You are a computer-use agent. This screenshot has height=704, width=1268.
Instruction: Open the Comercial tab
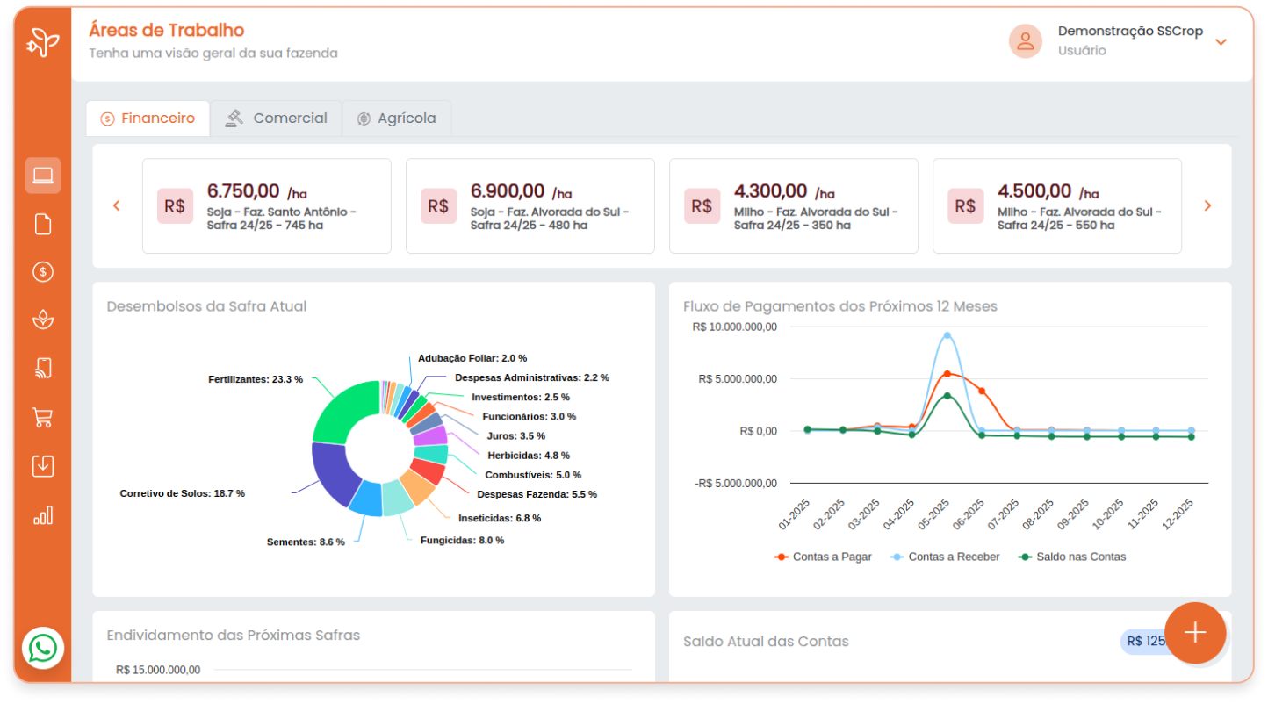pos(276,119)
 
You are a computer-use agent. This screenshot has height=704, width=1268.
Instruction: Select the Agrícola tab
pos(396,119)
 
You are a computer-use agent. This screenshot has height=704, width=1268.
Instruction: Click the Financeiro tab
pos(148,119)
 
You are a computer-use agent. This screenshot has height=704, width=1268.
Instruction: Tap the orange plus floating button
pos(1195,633)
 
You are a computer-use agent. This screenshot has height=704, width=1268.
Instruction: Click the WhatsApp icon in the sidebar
pos(43,649)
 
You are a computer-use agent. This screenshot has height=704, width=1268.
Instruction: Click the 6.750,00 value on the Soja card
pos(243,191)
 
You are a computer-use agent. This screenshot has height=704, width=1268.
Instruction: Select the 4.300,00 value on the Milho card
pos(770,191)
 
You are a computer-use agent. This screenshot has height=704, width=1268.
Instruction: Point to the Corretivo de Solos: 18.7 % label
pos(182,493)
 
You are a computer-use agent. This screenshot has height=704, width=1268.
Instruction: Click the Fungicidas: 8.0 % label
pos(462,541)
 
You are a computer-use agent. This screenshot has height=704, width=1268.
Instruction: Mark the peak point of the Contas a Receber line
pos(947,335)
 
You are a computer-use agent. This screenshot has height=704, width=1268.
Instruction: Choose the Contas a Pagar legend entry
pos(823,557)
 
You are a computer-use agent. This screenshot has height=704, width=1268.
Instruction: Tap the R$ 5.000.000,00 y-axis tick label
pos(738,379)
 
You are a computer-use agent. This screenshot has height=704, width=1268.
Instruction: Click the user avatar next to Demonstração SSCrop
pos(1025,41)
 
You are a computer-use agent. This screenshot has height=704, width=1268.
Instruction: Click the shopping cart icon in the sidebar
pos(43,418)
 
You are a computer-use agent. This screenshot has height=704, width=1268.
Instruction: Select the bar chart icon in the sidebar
pos(43,515)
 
